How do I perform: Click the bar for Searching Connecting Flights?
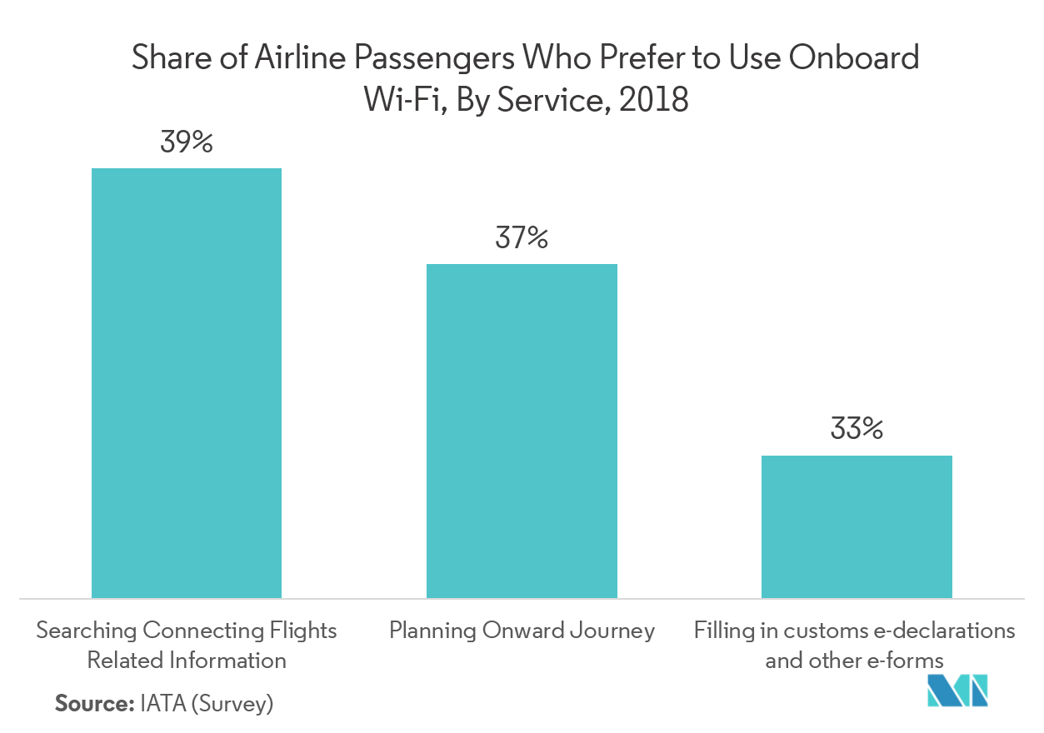pyautogui.click(x=187, y=382)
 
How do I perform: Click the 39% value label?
pyautogui.click(x=187, y=143)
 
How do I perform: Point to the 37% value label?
pyautogui.click(x=522, y=239)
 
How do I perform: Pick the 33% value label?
pyautogui.click(x=857, y=430)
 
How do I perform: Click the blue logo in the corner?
pyautogui.click(x=958, y=691)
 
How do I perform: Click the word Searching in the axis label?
pyautogui.click(x=86, y=631)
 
